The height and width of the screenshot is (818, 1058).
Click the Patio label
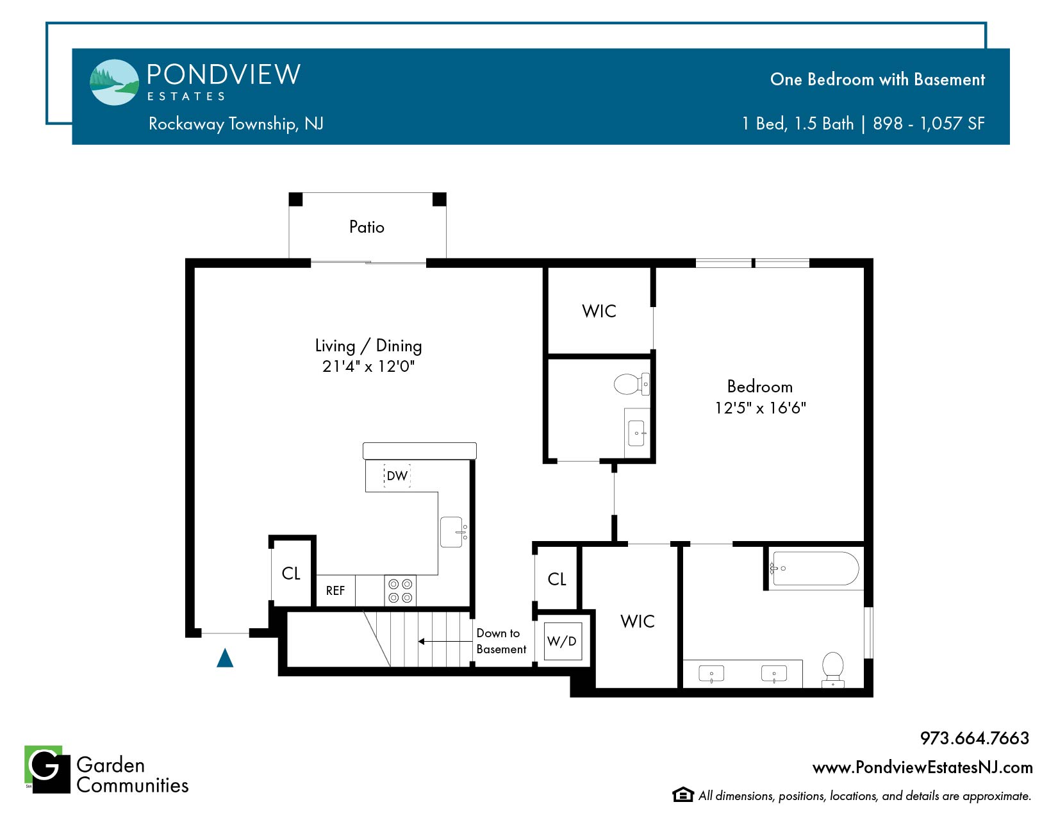click(367, 227)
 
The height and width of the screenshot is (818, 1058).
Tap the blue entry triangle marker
click(225, 658)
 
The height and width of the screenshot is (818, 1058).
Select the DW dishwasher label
click(397, 476)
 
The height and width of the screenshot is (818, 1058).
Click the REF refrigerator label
click(335, 590)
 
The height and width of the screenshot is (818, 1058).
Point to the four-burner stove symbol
click(401, 590)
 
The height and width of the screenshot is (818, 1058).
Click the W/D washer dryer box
click(563, 641)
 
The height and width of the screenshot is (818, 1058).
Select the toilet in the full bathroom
click(832, 669)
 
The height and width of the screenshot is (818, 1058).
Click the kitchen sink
click(451, 532)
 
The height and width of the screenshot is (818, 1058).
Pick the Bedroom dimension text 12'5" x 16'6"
click(760, 408)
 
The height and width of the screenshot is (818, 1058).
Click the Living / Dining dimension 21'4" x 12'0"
click(368, 366)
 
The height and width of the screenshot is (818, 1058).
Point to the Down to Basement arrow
click(445, 642)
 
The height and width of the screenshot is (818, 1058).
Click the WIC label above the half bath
click(599, 311)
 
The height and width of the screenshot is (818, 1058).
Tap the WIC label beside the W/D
click(638, 621)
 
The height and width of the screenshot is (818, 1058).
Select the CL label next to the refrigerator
click(291, 573)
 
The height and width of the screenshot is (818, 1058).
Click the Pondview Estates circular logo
click(115, 82)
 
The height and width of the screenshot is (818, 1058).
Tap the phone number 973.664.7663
click(974, 738)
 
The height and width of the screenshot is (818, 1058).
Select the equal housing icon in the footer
click(682, 794)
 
